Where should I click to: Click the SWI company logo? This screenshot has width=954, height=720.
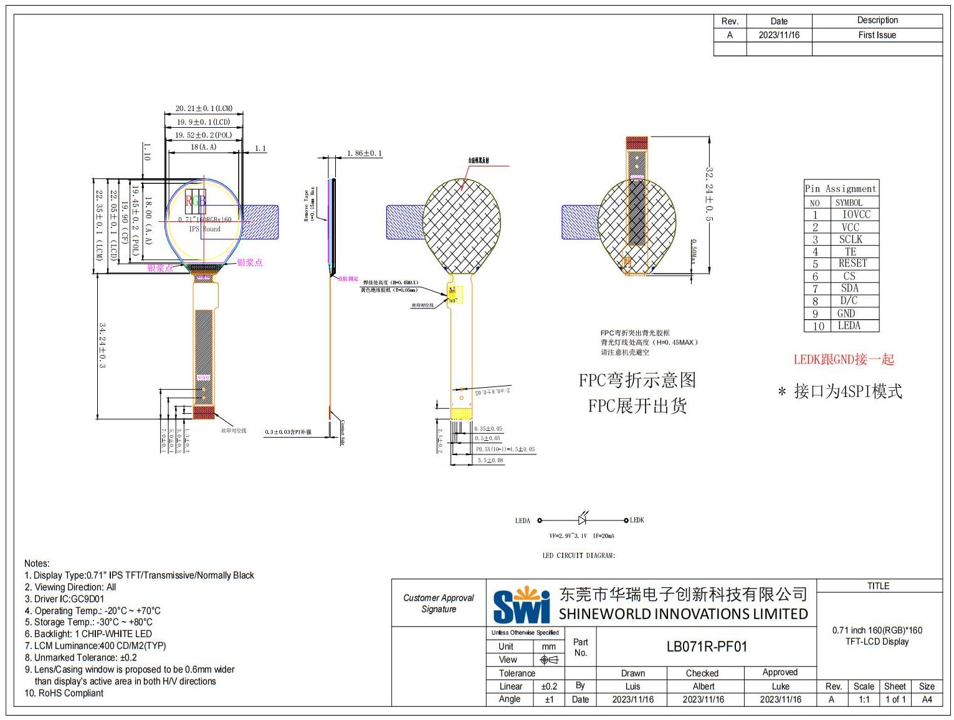coord(522,604)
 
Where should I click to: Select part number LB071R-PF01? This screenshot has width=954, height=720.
coord(706,646)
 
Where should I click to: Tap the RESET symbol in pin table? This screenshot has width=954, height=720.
coord(852,263)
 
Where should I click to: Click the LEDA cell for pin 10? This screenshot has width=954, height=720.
coord(849,325)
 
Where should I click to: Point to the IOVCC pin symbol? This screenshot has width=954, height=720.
coord(856,214)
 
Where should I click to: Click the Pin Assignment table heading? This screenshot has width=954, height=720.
coord(841,188)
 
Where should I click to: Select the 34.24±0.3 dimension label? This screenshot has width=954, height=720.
coord(102,345)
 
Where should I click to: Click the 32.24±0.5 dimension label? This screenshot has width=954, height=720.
coord(709,193)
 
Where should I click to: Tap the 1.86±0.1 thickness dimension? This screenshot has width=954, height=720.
coord(365,153)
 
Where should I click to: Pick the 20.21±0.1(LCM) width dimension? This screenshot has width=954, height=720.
coord(204,108)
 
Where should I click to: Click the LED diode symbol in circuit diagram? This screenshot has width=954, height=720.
coord(583,519)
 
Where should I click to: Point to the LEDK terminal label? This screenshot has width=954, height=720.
coord(637,520)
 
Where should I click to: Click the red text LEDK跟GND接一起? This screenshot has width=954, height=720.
coord(843,360)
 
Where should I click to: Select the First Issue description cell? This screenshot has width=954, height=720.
coord(877,36)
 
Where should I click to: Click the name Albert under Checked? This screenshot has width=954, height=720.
coord(704,686)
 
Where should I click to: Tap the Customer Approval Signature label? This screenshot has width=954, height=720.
coord(439,603)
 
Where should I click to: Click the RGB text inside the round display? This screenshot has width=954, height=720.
coord(195,201)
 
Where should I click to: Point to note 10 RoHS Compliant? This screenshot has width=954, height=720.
coord(64,693)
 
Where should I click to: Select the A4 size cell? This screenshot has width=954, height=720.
coord(927,699)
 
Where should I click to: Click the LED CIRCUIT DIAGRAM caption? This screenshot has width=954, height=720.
coord(578,555)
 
